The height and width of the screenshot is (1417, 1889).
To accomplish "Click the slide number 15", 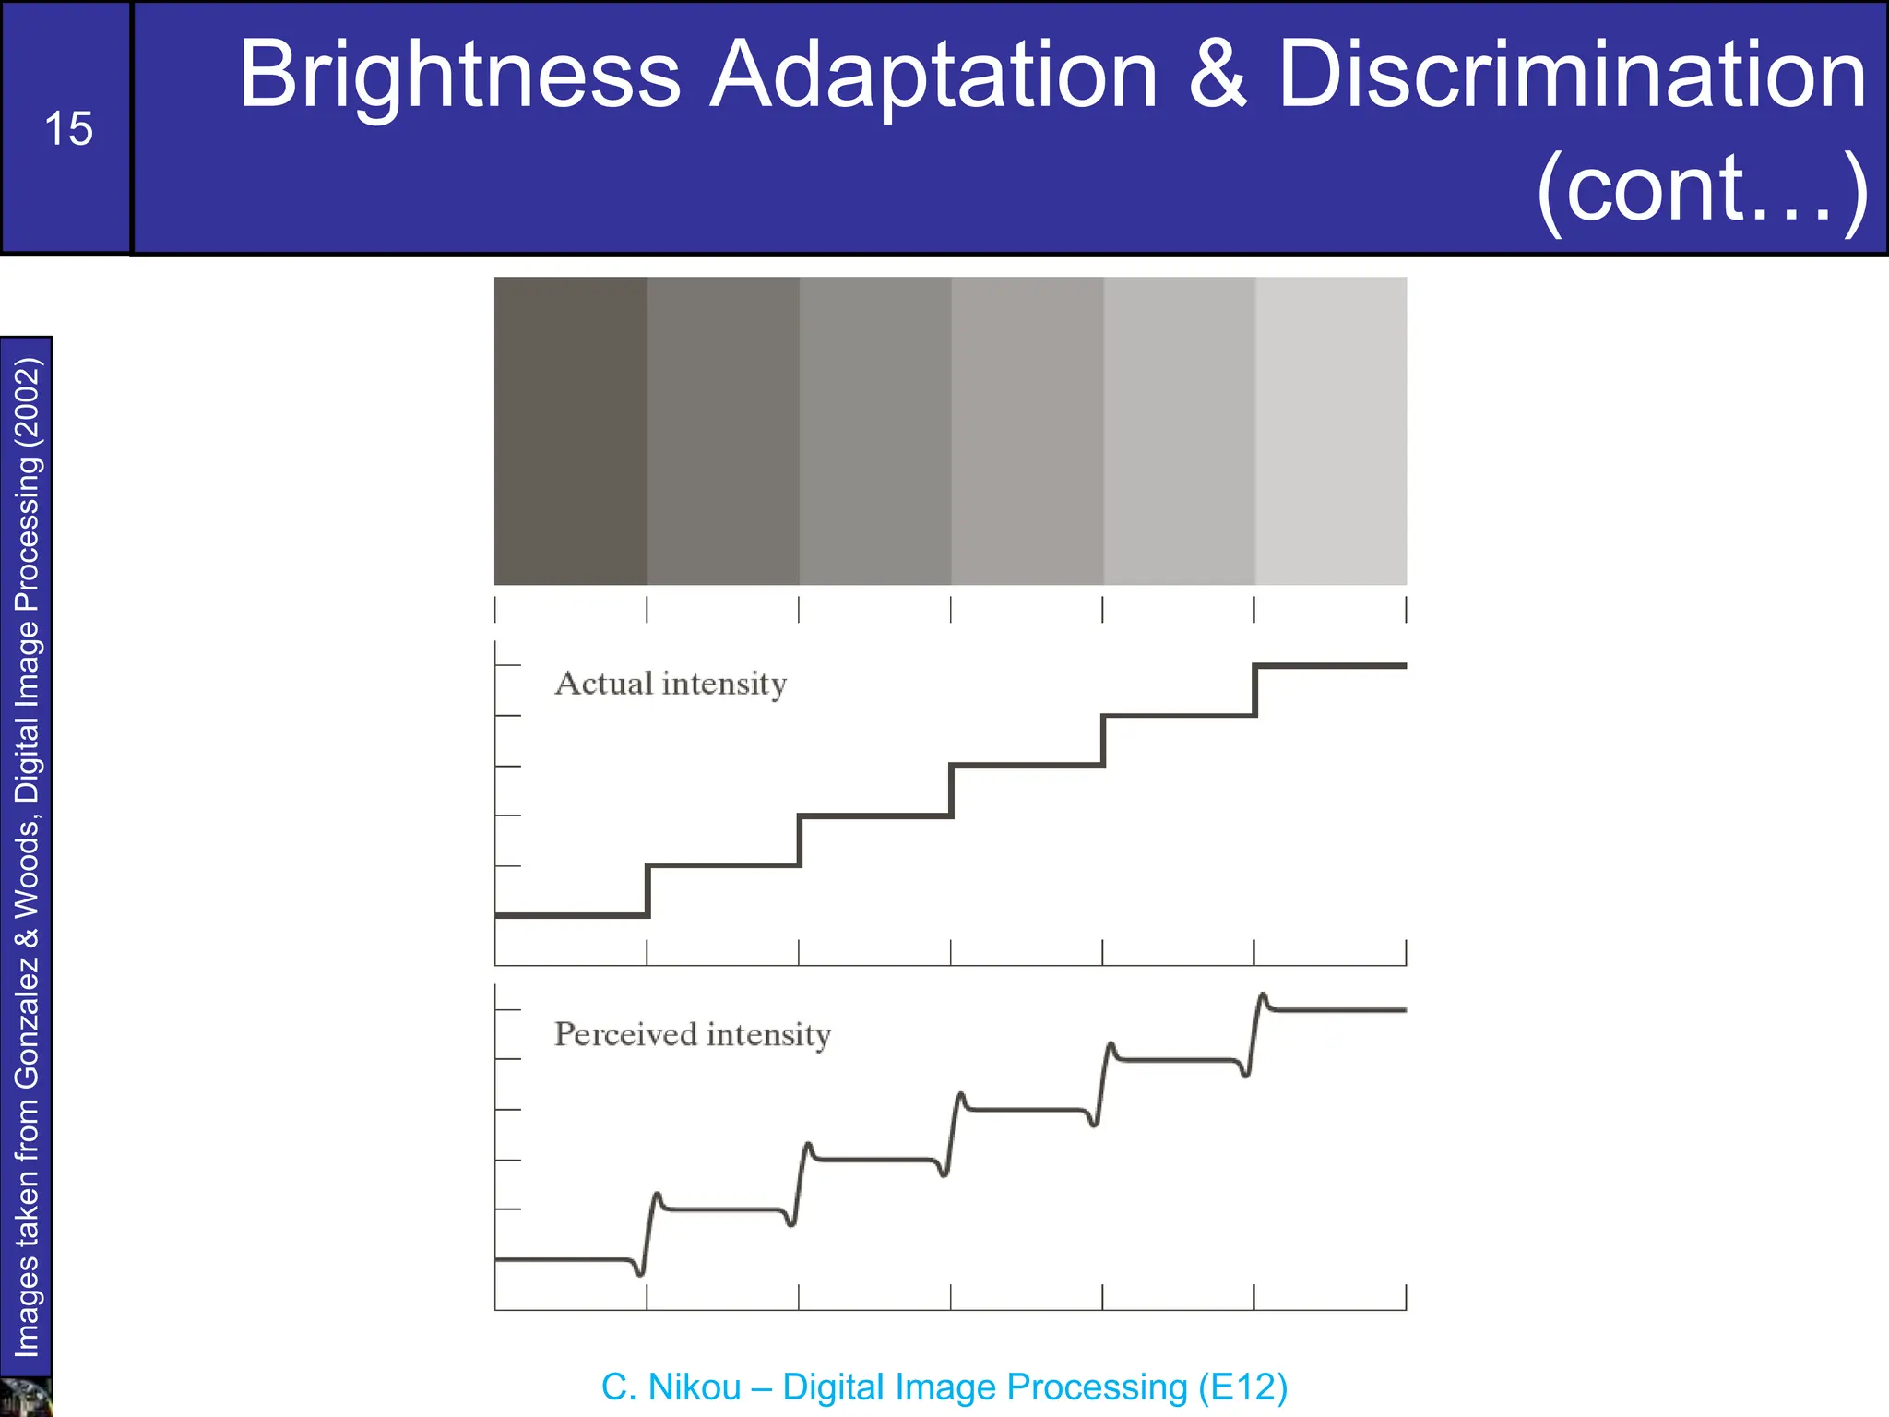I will click(68, 129).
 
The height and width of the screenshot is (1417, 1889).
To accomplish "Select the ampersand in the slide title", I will click(1217, 76).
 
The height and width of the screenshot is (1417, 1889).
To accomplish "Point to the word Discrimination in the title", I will click(1572, 76).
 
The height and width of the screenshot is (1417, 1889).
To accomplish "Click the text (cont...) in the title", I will click(1702, 190).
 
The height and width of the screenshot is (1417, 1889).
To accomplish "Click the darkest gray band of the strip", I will click(570, 430).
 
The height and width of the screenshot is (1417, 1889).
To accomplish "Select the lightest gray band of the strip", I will click(1330, 430).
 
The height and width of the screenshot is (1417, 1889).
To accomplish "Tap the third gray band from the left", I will click(874, 430).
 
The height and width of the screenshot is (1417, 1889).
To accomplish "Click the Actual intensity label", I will click(671, 684).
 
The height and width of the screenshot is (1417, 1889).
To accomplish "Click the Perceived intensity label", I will click(692, 1034).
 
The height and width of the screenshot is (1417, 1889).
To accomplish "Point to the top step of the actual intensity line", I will click(1330, 665).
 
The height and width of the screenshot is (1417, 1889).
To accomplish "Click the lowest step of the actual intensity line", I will click(570, 915).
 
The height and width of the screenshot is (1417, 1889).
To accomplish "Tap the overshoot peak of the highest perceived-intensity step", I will click(1263, 995).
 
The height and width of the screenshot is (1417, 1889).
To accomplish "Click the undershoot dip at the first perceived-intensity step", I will click(640, 1274).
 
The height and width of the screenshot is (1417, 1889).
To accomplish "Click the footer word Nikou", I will click(694, 1387).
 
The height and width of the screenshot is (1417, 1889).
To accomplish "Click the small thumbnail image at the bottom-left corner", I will click(25, 1398).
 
